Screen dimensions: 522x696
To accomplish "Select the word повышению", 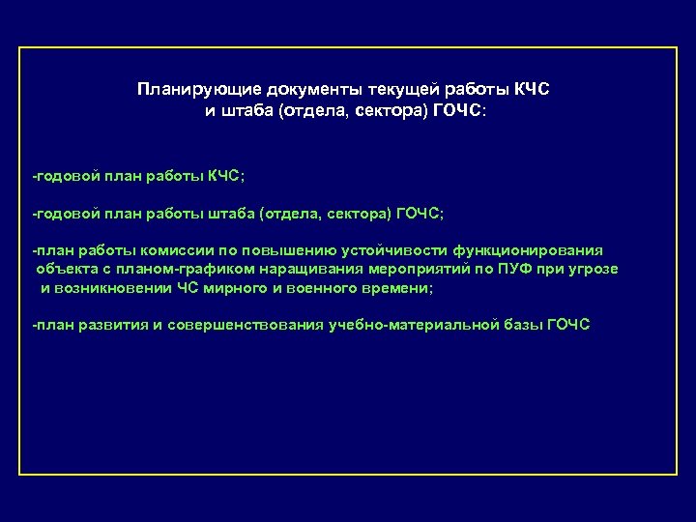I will pyautogui.click(x=267, y=248).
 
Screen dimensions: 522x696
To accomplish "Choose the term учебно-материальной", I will pyautogui.click(x=406, y=324).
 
